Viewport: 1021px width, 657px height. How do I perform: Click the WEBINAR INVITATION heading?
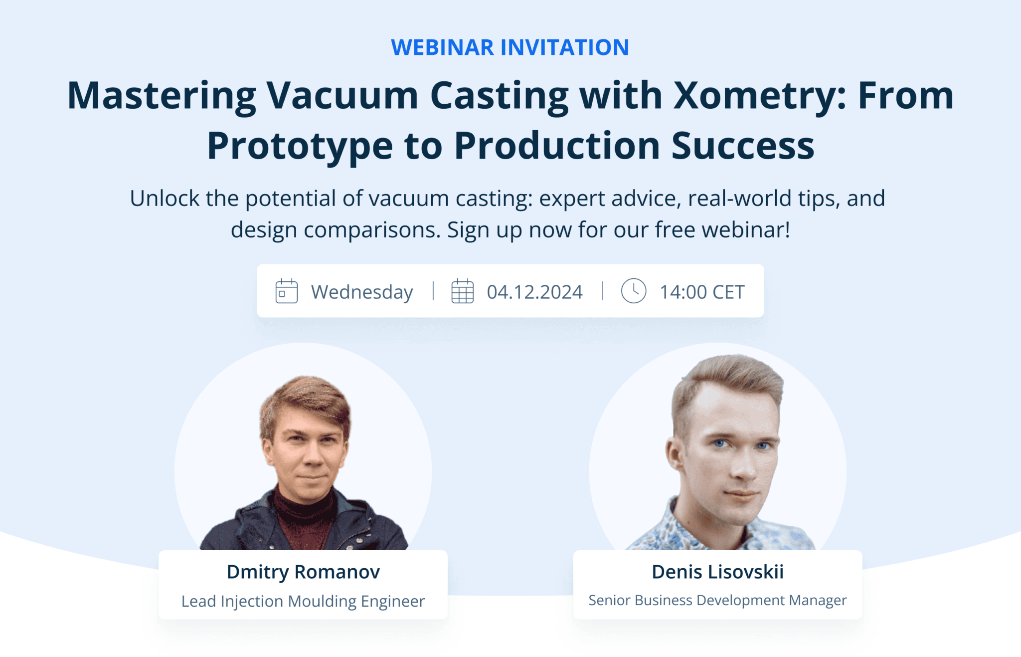[510, 47]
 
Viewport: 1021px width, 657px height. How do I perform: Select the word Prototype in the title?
[300, 146]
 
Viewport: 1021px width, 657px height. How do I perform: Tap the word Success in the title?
[742, 146]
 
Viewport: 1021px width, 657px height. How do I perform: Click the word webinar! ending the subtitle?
[746, 230]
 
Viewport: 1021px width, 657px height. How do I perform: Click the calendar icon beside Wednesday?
[287, 291]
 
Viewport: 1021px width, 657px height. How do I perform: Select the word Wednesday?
[362, 292]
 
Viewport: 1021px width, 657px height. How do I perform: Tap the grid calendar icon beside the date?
[462, 291]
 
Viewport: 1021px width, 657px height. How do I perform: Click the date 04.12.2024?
[534, 292]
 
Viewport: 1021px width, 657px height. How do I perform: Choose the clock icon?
[634, 291]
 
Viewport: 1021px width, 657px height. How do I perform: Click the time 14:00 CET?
[702, 292]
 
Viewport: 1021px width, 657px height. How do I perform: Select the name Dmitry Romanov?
[303, 572]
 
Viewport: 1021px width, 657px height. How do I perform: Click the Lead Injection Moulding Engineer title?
[303, 601]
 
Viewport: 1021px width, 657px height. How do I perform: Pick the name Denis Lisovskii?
[717, 572]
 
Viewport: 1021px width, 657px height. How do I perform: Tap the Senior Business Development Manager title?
[717, 600]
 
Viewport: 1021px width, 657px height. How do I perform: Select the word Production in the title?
[557, 146]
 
